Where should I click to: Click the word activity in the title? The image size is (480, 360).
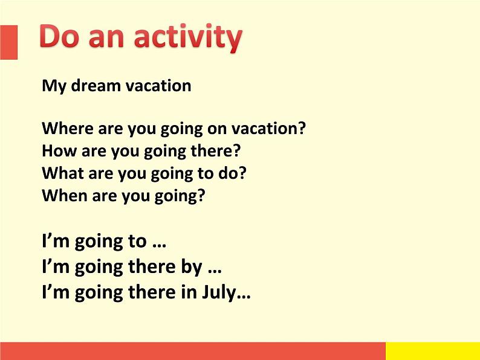pyautogui.click(x=188, y=37)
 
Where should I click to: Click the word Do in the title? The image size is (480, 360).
pyautogui.click(x=59, y=36)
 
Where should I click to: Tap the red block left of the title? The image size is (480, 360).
pyautogui.click(x=8, y=42)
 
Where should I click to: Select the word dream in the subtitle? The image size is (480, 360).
pyautogui.click(x=96, y=85)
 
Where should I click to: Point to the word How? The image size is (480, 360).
pyautogui.click(x=59, y=150)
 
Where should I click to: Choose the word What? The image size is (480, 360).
pyautogui.click(x=63, y=173)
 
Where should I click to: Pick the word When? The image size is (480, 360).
pyautogui.click(x=65, y=196)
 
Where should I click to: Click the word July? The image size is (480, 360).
pyautogui.click(x=219, y=293)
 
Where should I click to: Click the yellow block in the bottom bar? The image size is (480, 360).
pyautogui.click(x=433, y=351)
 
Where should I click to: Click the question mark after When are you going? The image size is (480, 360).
pyautogui.click(x=201, y=196)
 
